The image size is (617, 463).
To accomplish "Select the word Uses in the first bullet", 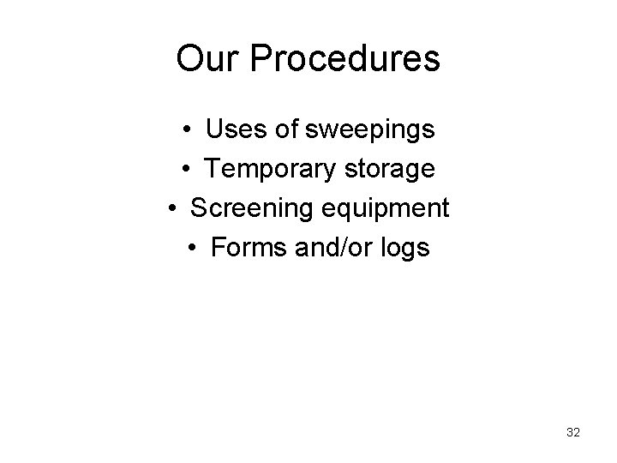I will (235, 130).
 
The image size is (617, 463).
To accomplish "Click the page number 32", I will (573, 433).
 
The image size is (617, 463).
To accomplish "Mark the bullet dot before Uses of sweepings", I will (187, 131).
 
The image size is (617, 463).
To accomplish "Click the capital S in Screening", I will (199, 208).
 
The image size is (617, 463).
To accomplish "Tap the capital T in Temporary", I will (213, 169).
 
